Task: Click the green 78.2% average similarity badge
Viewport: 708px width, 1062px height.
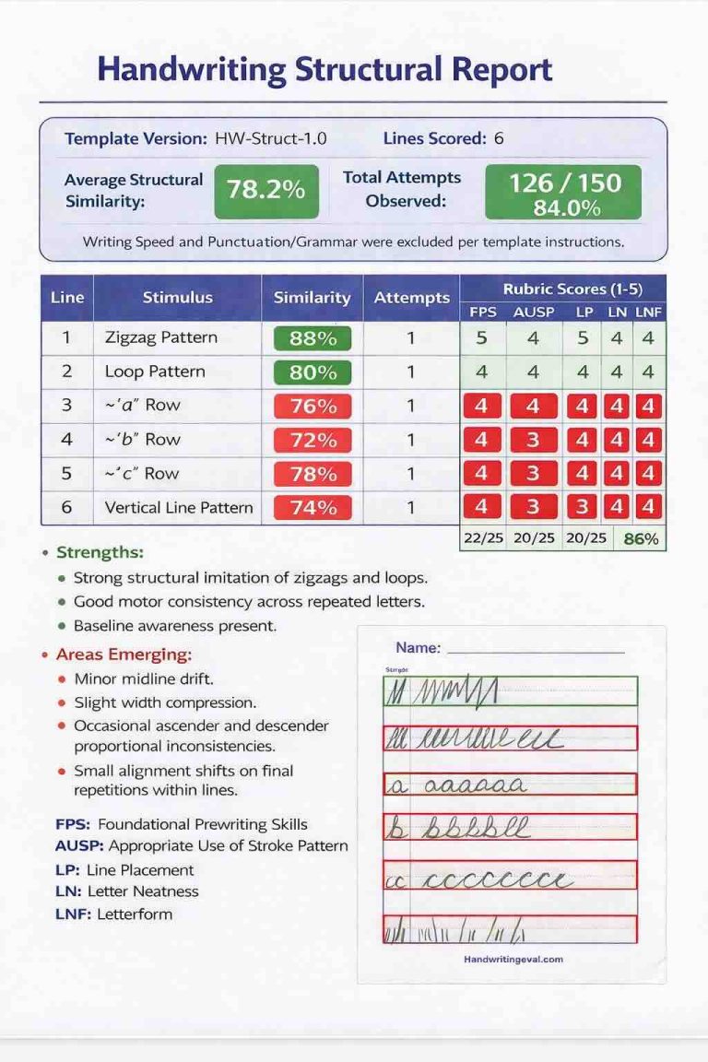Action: (x=265, y=190)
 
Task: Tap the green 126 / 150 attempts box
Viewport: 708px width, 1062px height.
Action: (x=562, y=192)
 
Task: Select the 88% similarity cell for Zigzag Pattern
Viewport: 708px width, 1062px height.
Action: (x=313, y=338)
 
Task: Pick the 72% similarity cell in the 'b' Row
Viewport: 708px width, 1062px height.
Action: (x=313, y=440)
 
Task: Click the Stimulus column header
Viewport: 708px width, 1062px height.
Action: (x=177, y=297)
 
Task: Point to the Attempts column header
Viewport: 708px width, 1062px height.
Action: (x=411, y=297)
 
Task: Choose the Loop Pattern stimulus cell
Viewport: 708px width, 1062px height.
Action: (x=155, y=372)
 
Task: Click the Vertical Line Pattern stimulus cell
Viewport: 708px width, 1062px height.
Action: (x=179, y=507)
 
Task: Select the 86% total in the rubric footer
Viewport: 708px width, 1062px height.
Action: (x=641, y=538)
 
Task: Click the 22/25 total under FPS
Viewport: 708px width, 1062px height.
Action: (x=483, y=538)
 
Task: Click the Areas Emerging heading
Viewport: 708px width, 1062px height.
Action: (x=124, y=655)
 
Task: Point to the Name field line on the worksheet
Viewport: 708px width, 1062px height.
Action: (x=535, y=650)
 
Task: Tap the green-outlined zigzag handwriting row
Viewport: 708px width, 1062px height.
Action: (x=510, y=690)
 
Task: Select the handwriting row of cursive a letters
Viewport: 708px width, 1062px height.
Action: (x=510, y=785)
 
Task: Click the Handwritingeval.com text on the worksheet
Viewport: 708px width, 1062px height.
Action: (x=513, y=959)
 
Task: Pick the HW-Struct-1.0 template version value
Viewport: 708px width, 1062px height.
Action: (x=270, y=139)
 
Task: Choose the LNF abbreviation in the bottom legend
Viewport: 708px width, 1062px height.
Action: (x=71, y=914)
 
